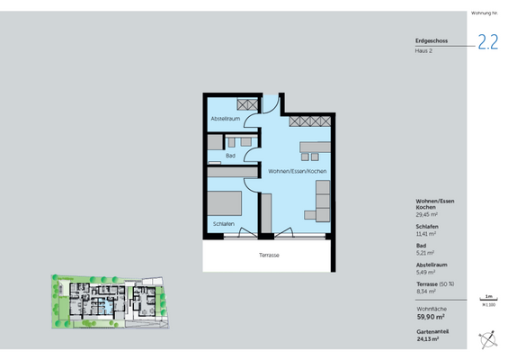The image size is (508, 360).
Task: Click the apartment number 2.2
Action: (x=487, y=42)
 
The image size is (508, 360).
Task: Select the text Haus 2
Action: (x=424, y=51)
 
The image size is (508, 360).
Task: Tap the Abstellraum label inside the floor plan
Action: (x=225, y=119)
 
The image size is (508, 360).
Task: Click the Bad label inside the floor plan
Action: (x=230, y=156)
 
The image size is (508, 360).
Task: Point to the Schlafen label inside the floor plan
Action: (x=224, y=223)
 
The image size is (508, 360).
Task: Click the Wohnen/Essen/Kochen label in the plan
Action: (x=297, y=171)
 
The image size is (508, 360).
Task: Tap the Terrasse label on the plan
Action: (x=269, y=256)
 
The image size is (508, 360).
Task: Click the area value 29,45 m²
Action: (x=426, y=216)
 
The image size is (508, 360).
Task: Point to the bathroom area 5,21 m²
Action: (x=424, y=253)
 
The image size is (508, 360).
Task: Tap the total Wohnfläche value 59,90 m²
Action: (x=432, y=317)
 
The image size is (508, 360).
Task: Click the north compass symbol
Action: (x=488, y=339)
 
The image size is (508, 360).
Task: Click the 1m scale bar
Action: (x=488, y=298)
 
